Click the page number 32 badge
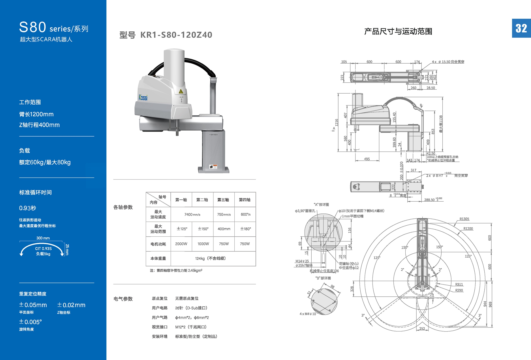tap(521, 28)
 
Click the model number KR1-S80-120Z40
tap(176, 35)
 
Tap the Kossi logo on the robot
tap(143, 98)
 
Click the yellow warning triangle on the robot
tap(181, 91)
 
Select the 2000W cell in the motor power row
tap(181, 244)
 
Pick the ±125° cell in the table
tap(182, 229)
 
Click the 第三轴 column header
tap(223, 200)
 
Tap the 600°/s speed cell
tap(245, 214)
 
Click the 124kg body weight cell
tap(210, 258)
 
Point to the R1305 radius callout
tap(464, 219)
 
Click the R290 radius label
tap(459, 290)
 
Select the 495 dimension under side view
tap(367, 159)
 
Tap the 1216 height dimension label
tap(337, 122)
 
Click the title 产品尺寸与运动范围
tap(398, 31)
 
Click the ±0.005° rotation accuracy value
tap(30, 322)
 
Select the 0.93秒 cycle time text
tap(27, 208)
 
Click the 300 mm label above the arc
tap(43, 238)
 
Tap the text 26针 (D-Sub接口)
tap(191, 308)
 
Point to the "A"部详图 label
tap(321, 204)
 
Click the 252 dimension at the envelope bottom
tap(422, 329)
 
